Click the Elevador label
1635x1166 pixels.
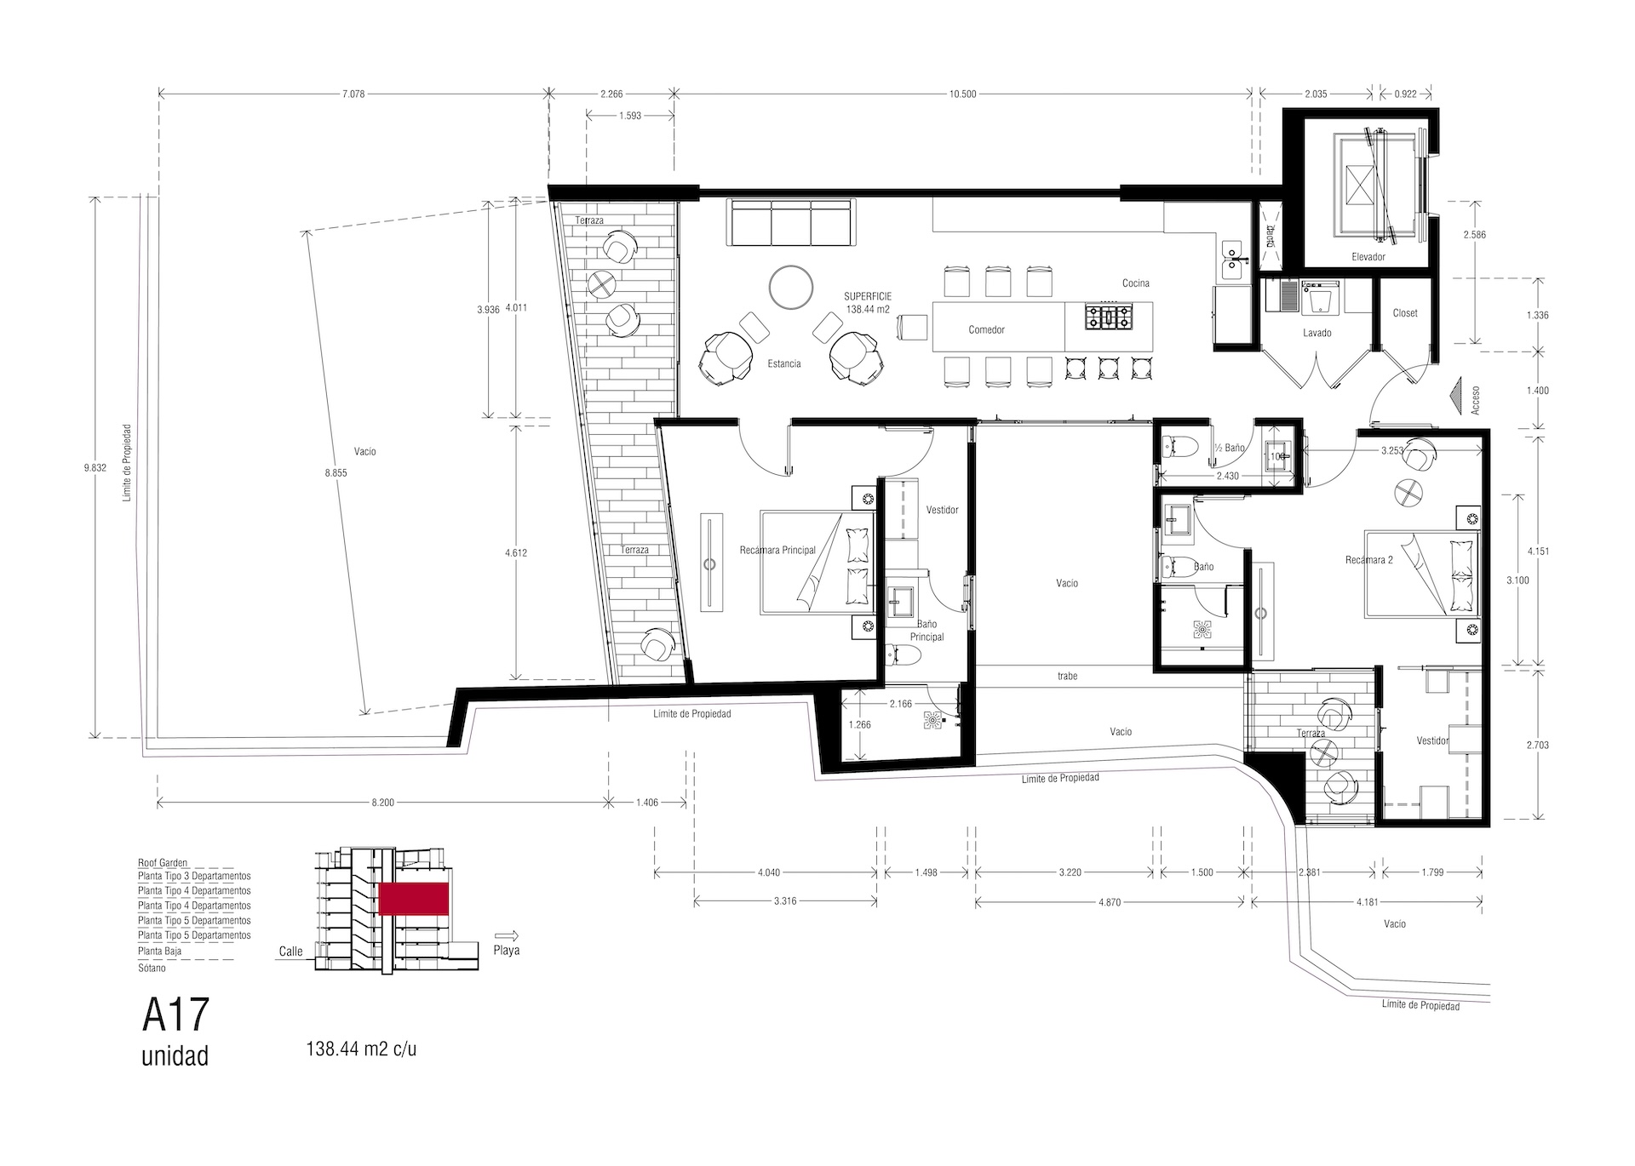coord(1368,256)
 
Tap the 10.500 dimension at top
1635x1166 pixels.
coord(962,94)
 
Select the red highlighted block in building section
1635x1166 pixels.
coord(414,899)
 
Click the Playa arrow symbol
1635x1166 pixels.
coord(506,933)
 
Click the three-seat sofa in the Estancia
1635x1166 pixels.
coord(791,223)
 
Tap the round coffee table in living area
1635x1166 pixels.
coord(791,286)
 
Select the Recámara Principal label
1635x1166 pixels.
coord(777,550)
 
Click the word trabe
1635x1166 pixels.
coord(1067,676)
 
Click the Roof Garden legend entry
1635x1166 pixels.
coord(162,862)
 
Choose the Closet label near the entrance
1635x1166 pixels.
coord(1405,313)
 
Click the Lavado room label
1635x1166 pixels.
coord(1317,333)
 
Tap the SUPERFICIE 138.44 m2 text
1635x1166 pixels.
coord(868,303)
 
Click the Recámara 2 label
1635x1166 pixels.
coord(1368,560)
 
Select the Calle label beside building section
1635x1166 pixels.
coord(290,952)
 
